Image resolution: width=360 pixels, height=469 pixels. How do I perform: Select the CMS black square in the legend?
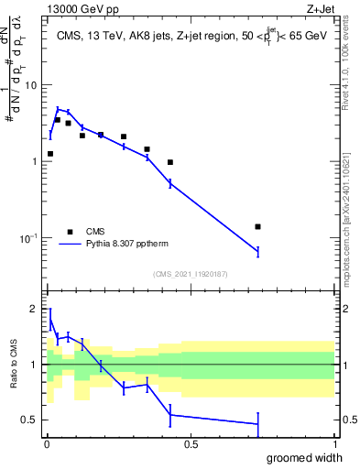point(70,232)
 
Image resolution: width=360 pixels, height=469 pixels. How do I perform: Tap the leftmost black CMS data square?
point(49,154)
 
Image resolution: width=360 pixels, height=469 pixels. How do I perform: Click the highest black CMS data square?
point(58,120)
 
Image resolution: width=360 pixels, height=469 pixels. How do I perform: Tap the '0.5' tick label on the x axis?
point(191,444)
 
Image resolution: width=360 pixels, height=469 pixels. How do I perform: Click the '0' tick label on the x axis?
point(46,444)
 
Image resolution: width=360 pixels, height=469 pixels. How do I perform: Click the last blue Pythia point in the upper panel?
point(257,251)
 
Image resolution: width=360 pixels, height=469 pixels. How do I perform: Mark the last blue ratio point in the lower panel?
point(257,424)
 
